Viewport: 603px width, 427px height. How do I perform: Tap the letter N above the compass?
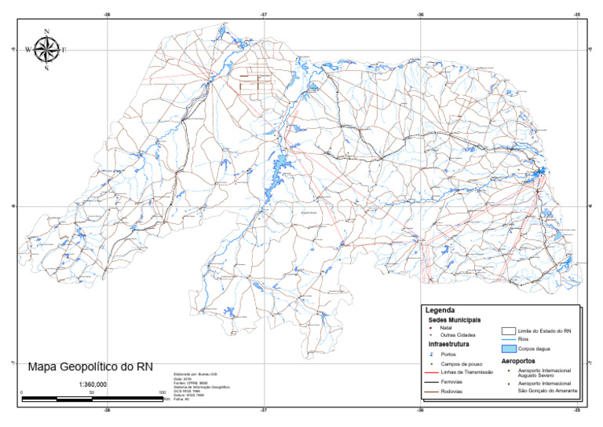47,31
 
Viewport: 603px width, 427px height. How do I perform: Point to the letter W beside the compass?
29,50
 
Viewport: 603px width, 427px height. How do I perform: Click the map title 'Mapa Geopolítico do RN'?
90,366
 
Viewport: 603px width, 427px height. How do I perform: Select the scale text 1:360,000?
93,385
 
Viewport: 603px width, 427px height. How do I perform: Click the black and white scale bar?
92,399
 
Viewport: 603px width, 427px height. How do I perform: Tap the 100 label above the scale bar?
162,392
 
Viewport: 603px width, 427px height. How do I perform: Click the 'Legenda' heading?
440,311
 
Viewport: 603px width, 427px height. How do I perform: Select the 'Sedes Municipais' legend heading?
455,320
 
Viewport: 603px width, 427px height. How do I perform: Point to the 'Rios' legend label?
524,339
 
